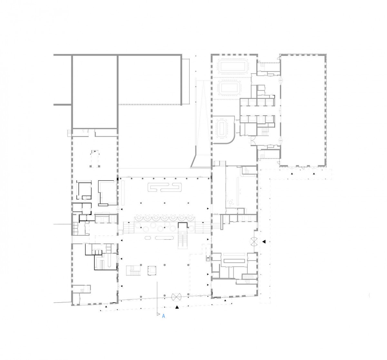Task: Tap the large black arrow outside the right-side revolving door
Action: [x=264, y=242]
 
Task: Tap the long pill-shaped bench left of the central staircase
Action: [x=164, y=238]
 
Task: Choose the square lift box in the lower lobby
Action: [x=152, y=271]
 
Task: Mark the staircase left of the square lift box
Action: [x=133, y=270]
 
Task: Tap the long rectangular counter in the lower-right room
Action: [x=234, y=261]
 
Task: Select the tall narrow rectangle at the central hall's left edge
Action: [x=123, y=192]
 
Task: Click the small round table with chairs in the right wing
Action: [x=231, y=202]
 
